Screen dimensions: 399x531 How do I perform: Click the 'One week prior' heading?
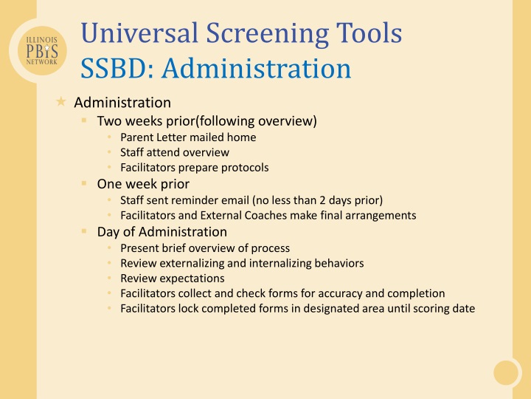click(143, 184)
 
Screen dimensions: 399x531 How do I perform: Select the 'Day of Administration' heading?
click(162, 232)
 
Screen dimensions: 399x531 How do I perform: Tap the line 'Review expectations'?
click(172, 279)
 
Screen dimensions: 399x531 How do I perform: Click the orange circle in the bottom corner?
click(507, 372)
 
